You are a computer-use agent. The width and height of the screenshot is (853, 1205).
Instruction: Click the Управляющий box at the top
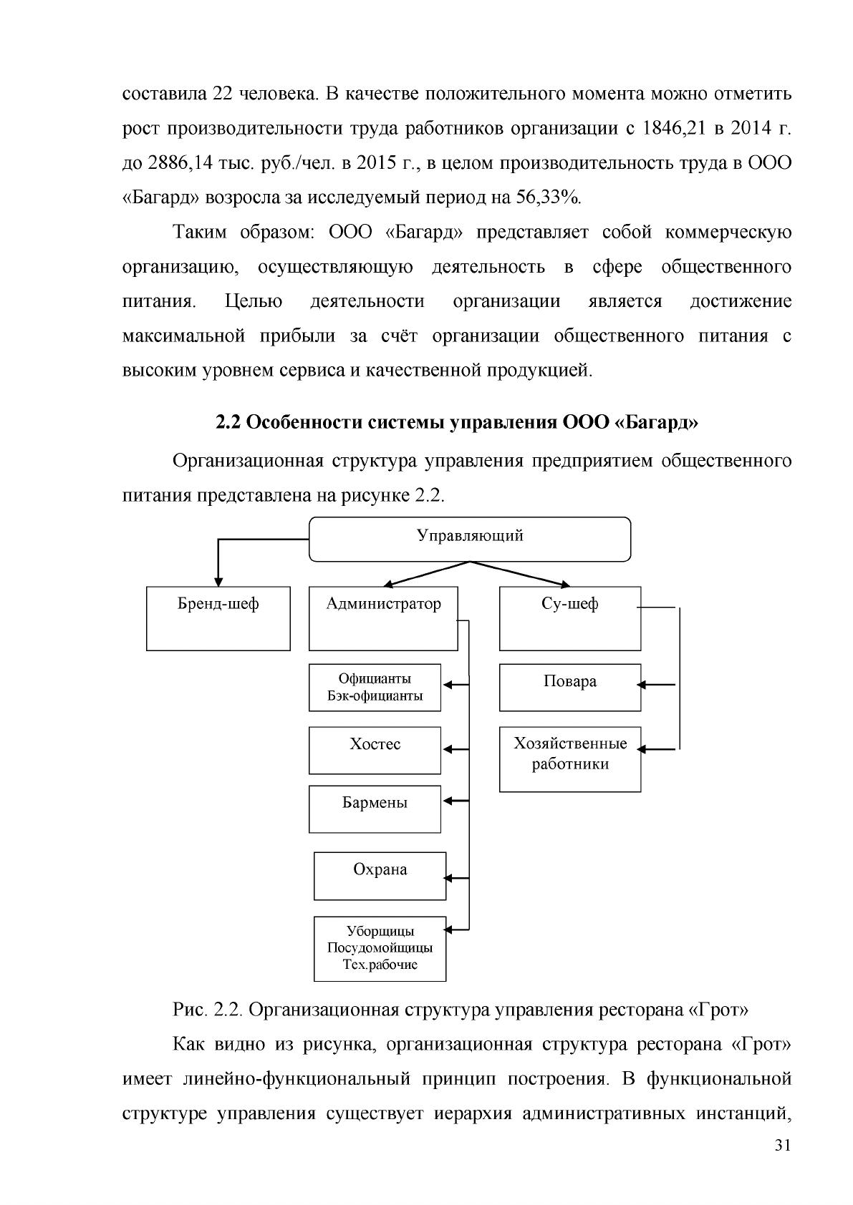470,539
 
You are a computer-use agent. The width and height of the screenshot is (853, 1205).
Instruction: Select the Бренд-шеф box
218,619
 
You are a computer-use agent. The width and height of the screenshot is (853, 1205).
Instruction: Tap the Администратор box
383,619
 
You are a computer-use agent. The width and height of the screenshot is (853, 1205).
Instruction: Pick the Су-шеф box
570,619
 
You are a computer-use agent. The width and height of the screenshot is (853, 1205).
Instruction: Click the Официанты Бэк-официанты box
375,688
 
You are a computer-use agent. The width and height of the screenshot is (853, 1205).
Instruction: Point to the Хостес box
375,751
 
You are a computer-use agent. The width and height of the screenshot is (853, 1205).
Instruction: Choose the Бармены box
375,809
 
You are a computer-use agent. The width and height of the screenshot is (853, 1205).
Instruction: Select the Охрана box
380,876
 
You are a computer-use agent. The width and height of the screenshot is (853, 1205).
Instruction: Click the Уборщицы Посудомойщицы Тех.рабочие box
380,949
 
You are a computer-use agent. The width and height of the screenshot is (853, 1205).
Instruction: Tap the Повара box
570,688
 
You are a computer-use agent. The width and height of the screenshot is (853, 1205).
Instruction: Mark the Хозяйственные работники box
570,759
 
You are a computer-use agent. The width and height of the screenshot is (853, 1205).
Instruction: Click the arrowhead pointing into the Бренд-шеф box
218,582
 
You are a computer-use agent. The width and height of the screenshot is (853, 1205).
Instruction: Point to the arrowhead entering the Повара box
642,685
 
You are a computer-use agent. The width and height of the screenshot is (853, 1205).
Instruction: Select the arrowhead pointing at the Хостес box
447,749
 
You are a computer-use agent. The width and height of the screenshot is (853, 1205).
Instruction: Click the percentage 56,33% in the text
549,197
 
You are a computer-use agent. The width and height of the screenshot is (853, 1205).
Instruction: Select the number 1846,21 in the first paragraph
675,129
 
